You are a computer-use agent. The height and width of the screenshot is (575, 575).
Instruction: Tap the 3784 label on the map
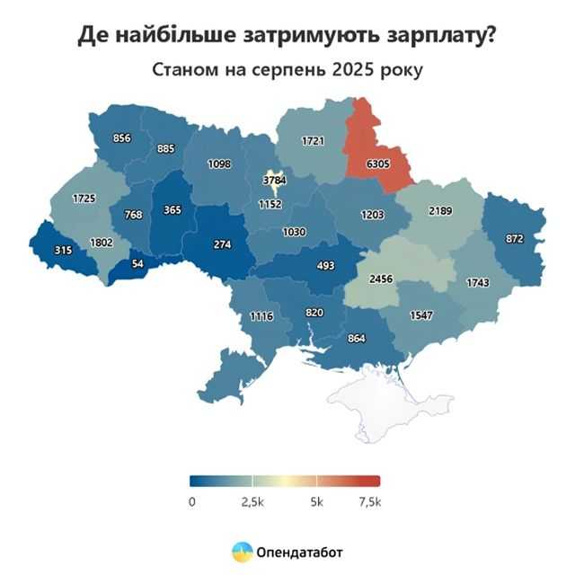pyautogui.click(x=274, y=181)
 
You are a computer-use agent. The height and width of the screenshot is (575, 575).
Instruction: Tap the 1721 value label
pyautogui.click(x=312, y=141)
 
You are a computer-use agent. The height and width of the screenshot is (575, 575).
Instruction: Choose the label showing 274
pyautogui.click(x=223, y=243)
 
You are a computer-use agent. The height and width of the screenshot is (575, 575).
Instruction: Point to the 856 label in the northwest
pyautogui.click(x=122, y=138)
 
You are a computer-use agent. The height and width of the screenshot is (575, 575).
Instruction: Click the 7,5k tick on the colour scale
pyautogui.click(x=368, y=501)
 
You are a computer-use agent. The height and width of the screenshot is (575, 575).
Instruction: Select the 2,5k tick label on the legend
pyautogui.click(x=252, y=501)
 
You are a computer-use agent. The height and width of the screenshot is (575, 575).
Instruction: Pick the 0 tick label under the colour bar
pyautogui.click(x=192, y=501)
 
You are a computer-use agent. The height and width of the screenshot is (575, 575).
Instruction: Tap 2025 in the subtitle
pyautogui.click(x=354, y=68)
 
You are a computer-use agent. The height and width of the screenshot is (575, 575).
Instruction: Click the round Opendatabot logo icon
pyautogui.click(x=241, y=550)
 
